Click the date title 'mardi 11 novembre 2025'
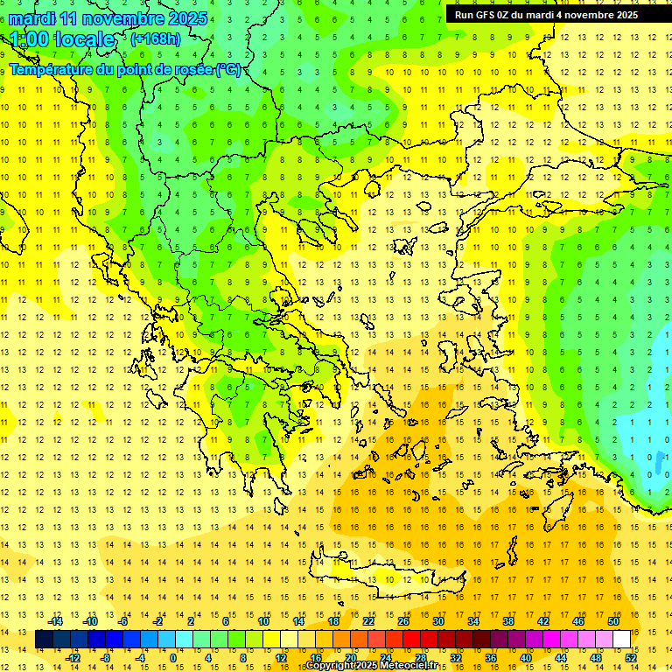point(108,18)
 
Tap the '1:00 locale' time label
point(62,39)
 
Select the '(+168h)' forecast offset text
point(156,39)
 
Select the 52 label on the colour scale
point(631,658)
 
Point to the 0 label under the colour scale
point(172,658)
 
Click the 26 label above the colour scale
point(402,621)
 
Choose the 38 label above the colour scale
point(507,621)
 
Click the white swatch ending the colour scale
point(621,640)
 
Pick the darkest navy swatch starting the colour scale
point(44,640)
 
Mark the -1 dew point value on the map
point(667,457)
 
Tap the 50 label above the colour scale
point(613,621)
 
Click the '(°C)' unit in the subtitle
point(227,69)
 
